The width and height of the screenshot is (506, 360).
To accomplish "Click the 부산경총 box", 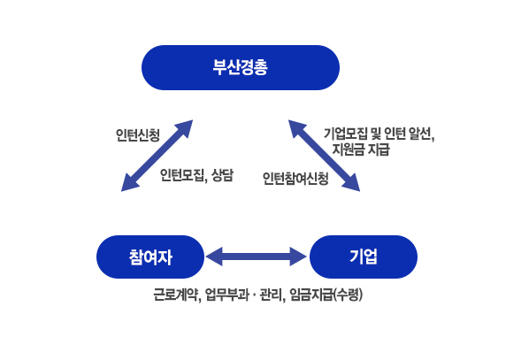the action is point(241,67).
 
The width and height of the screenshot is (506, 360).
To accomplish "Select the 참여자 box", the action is point(150,257).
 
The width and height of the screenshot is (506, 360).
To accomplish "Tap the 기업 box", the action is point(364,257).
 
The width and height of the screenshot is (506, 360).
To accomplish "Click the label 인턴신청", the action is point(138,135).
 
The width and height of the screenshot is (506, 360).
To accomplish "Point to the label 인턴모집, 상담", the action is point(196,175).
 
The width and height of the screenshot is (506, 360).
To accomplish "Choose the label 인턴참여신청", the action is point(295,179).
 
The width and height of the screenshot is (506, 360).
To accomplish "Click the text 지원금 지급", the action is point(361,149).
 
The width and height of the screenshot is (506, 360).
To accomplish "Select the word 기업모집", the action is point(346,134).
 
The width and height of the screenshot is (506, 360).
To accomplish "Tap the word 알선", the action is point(421,134).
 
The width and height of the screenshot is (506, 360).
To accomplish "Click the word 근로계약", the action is point(176,295).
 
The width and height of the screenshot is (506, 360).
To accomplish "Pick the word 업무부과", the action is point(227,295).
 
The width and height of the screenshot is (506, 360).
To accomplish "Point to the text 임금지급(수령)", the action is point(326,295).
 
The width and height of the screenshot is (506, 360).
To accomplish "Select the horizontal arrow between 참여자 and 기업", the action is point(257,257).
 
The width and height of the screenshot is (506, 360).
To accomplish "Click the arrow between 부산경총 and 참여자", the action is point(157,156).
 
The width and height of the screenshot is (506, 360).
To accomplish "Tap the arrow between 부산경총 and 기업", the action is point(324,156).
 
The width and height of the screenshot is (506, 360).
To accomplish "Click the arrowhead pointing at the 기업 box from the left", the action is point(298,257).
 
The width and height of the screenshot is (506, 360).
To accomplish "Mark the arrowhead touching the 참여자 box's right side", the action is point(214,257).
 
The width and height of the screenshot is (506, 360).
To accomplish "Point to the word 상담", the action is point(222,175).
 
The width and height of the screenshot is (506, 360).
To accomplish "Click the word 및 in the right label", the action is point(376,134).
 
